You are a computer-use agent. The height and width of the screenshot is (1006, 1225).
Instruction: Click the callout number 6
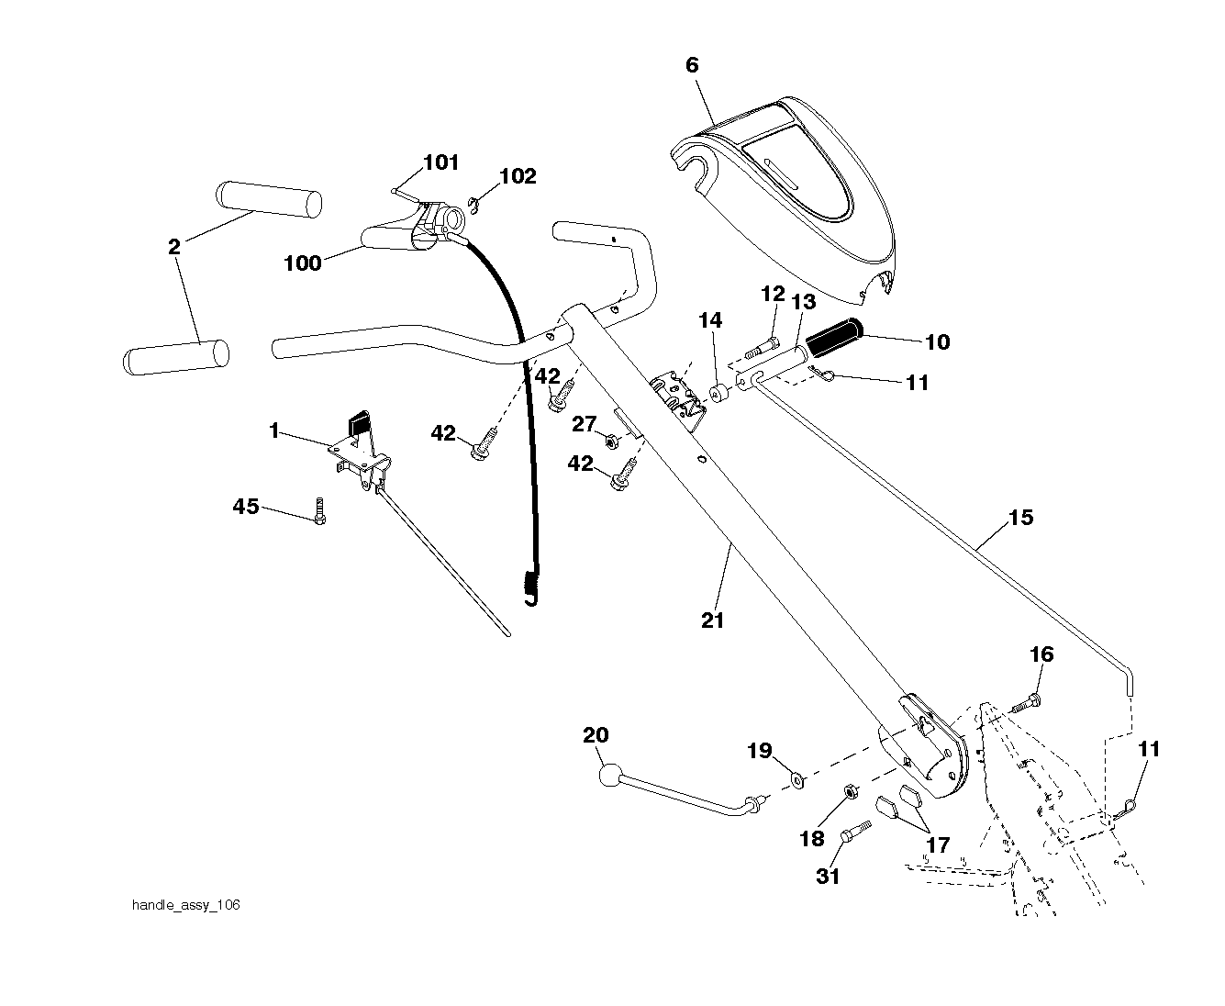[692, 65]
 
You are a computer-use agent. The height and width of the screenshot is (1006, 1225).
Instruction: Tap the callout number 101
[441, 162]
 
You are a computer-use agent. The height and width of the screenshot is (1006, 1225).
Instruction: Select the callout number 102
[518, 176]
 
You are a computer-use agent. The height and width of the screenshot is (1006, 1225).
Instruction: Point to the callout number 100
[303, 263]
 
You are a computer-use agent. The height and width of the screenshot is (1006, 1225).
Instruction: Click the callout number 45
[245, 506]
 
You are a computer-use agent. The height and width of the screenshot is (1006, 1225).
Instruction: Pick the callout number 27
[585, 424]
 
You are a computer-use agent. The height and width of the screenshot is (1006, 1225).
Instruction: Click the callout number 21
[713, 620]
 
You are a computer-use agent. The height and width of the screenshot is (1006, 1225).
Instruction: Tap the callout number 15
[1021, 518]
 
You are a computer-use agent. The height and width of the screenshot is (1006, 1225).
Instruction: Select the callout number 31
[828, 876]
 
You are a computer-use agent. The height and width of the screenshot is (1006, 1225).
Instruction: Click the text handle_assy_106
[186, 905]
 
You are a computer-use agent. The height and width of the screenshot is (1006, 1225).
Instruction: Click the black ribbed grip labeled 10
[834, 337]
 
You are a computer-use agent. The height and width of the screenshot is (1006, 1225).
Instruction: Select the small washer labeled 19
[798, 779]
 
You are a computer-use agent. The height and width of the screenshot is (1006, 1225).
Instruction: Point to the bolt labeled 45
[319, 511]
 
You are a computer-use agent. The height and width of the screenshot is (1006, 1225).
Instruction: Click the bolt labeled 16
[1027, 704]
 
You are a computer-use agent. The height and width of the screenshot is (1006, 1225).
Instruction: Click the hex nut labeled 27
[610, 442]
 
